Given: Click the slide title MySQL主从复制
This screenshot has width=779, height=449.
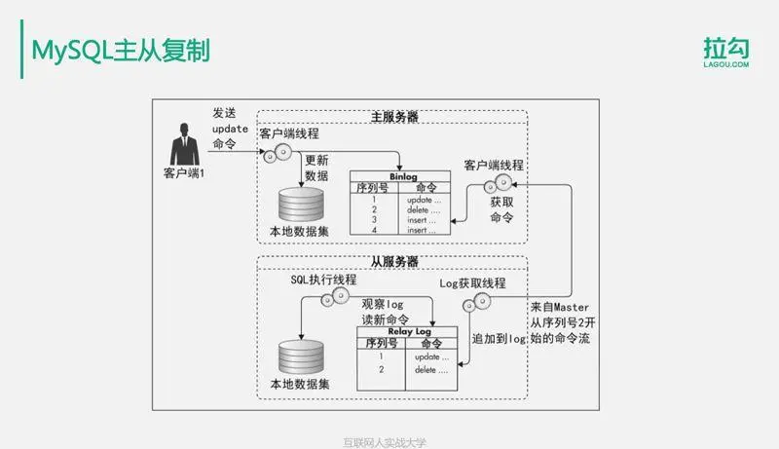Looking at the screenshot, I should [x=120, y=50].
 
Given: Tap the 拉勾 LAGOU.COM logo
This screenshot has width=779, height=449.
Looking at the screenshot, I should [x=726, y=52].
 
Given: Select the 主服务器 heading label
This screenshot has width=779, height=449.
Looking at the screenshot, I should [x=394, y=117].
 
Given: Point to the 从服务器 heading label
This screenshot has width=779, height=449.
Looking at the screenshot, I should [x=394, y=261].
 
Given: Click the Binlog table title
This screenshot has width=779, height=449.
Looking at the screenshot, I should [x=400, y=176].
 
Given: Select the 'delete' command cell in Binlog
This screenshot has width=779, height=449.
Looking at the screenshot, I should [x=426, y=209].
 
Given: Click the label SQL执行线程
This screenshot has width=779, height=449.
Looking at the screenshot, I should [x=323, y=280].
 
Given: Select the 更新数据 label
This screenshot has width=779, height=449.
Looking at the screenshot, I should [x=316, y=168].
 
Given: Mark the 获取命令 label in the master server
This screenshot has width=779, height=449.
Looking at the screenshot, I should [x=501, y=209].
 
